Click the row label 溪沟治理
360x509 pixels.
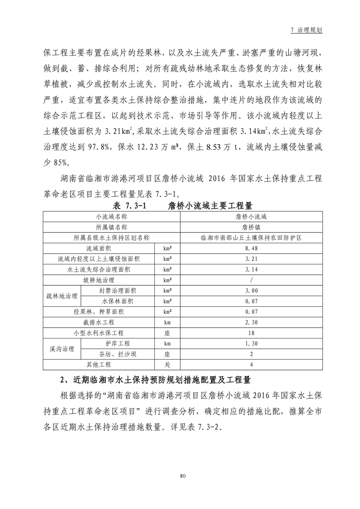pos(62,349)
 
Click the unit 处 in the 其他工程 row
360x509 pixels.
pos(167,364)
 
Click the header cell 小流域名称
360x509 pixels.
pos(111,217)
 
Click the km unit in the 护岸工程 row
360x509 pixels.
pos(167,343)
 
